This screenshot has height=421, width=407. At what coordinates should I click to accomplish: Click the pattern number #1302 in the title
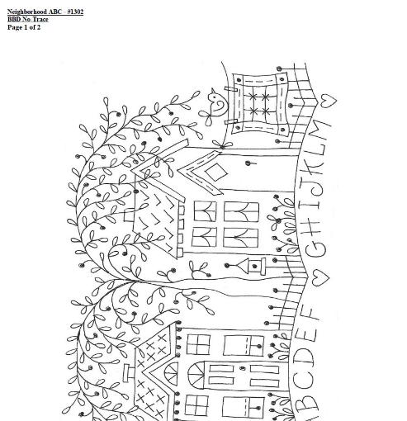tap(75, 12)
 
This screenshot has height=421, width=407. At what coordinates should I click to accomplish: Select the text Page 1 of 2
tap(24, 27)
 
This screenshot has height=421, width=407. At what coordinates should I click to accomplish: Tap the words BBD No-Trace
tap(28, 19)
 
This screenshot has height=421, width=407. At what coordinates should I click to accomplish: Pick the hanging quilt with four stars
tap(260, 104)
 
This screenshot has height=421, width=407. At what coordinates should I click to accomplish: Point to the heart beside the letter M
tap(329, 100)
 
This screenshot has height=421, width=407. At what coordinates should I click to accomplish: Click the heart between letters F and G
tap(320, 277)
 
